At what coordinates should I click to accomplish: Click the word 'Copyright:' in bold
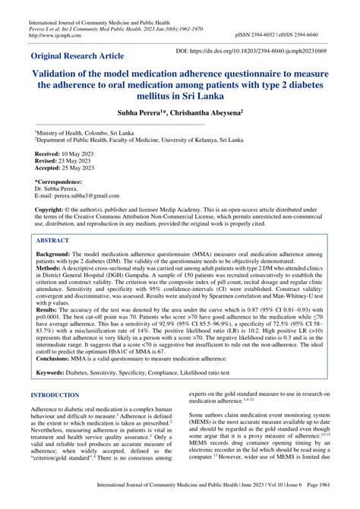point(58,209)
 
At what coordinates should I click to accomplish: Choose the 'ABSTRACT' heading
point(58,239)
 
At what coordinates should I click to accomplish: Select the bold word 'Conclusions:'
point(61,357)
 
